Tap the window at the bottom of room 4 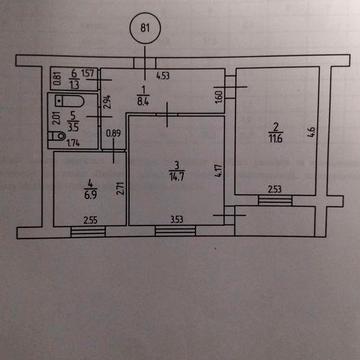pyautogui.click(x=87, y=232)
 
